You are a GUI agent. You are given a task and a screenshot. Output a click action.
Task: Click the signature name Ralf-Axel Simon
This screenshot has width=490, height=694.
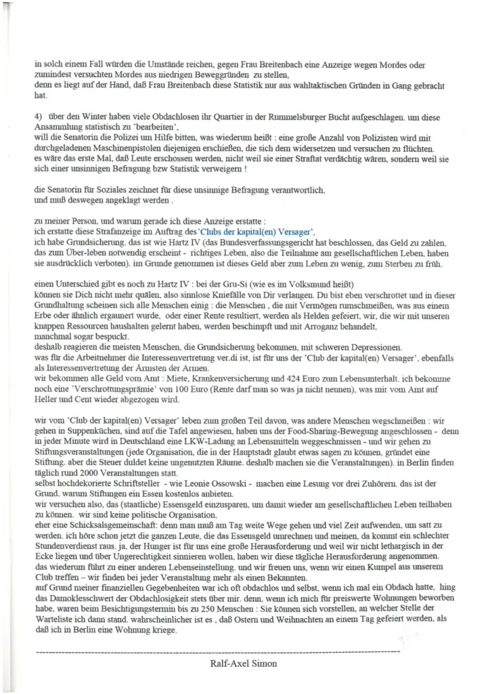(x=244, y=664)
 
